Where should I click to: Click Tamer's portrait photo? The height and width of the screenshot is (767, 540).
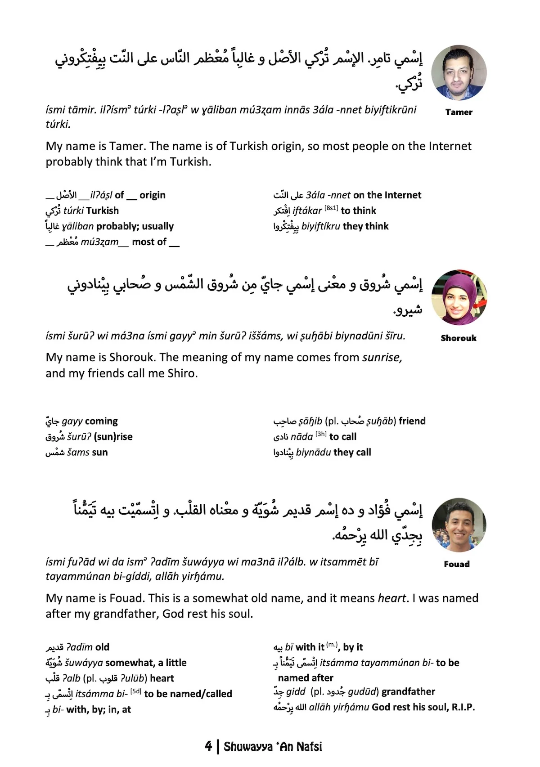tap(459, 72)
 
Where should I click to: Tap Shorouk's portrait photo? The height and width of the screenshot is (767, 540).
tap(459, 297)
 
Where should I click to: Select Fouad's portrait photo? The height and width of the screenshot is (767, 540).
tap(459, 525)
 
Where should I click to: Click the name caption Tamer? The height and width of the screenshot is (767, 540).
tap(459, 112)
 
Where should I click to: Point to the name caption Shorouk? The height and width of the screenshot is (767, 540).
tap(459, 338)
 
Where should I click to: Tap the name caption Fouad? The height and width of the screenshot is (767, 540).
tap(457, 564)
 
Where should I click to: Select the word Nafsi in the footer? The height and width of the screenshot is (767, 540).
tap(309, 747)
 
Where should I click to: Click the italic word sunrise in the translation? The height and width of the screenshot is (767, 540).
tap(382, 358)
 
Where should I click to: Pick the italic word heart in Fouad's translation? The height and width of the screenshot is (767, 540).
tap(391, 598)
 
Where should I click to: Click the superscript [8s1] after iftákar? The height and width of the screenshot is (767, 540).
tap(331, 208)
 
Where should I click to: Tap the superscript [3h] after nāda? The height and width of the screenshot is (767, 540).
tap(321, 434)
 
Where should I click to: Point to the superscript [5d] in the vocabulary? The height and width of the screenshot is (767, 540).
tap(135, 691)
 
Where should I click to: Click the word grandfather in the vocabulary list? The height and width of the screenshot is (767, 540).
tap(408, 692)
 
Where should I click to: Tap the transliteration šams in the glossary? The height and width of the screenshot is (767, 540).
tap(77, 453)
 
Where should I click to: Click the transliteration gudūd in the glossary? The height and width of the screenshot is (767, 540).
tap(362, 692)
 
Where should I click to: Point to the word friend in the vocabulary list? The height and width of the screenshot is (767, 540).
tap(412, 421)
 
